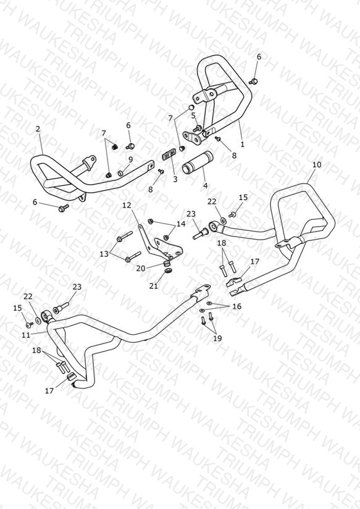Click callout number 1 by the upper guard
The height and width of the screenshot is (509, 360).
pos(242,144)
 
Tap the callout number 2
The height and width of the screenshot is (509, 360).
pos(38,129)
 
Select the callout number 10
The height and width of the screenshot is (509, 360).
pos(317,164)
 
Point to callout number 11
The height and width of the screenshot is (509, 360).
pos(27,334)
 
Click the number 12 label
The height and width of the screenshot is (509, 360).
pos(127,205)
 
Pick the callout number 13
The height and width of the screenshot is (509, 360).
pos(104,254)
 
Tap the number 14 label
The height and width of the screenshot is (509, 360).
pos(181,224)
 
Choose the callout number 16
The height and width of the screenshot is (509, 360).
pos(237,306)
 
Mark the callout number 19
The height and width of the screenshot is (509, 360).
pos(217,339)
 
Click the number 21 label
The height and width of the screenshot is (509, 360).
pos(154,285)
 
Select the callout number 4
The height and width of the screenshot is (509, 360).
pos(205,186)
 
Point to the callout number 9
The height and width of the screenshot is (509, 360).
pos(130,159)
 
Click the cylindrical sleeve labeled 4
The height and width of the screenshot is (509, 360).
pos(197,162)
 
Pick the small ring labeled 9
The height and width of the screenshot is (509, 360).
pos(120,172)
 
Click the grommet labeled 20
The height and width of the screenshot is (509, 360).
pos(166,262)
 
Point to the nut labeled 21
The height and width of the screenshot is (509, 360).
pos(168,270)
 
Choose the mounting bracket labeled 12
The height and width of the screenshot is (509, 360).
pos(161,245)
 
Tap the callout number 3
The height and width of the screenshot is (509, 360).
pos(175,179)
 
